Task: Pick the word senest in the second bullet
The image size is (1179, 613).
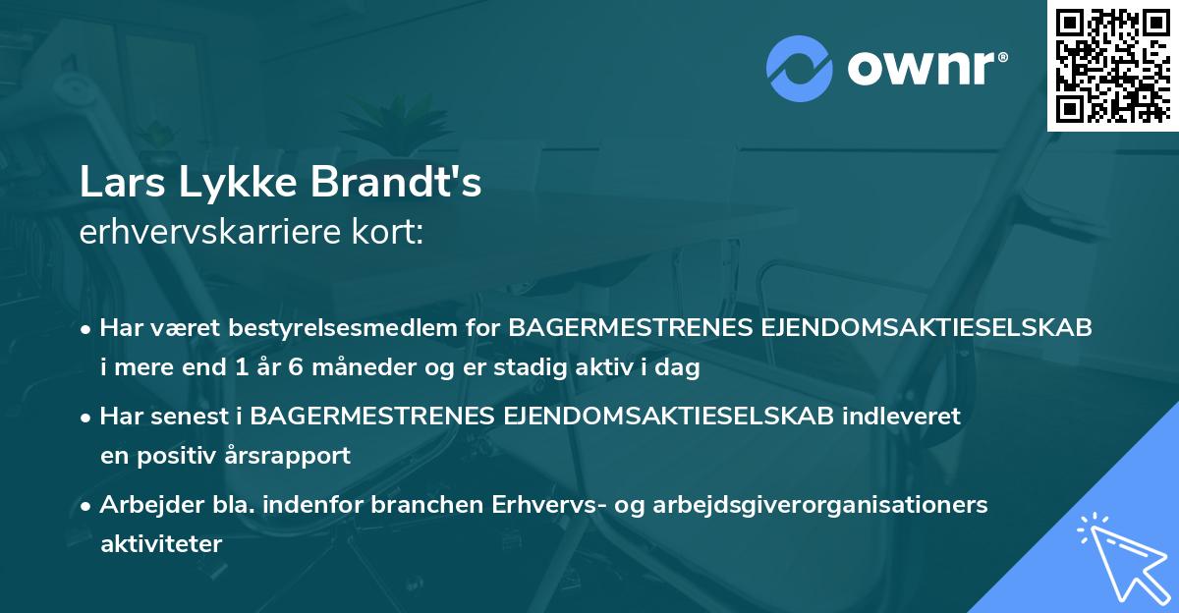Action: pos(187,416)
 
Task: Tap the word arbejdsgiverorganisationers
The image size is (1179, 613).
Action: pos(822,505)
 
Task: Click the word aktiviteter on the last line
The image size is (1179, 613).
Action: pos(161,544)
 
